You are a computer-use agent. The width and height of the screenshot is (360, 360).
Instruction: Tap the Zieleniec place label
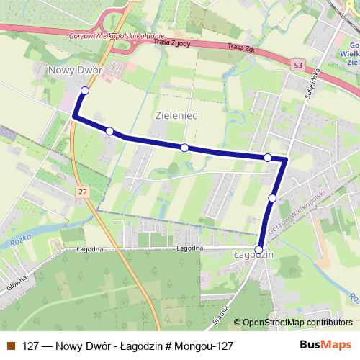pos(176,114)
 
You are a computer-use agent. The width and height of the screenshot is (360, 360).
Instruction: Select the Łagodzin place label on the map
pos(251,254)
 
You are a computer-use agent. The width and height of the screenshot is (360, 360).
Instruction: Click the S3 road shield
pos(298,66)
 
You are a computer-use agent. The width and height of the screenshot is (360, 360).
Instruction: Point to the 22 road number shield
pos(84,191)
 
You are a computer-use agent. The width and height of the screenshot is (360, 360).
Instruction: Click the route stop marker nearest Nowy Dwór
pos(85,91)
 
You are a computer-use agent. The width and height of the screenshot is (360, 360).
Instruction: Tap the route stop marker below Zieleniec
pos(185,148)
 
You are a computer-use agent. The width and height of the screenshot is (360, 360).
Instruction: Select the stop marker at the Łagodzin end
pos(259,248)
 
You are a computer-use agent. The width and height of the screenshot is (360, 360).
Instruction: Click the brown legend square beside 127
pos(11,346)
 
